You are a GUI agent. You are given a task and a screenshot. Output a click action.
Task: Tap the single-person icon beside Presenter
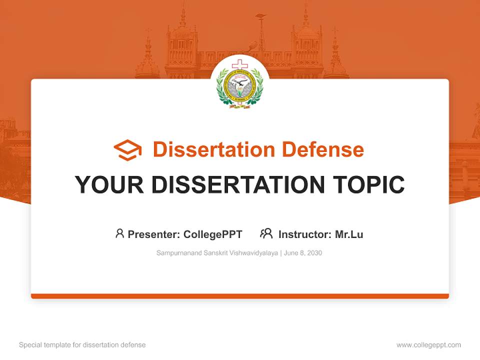pos(119,233)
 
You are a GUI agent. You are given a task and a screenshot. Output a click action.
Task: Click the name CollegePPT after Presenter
pos(213,234)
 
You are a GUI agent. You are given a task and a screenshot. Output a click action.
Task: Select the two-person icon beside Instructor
pos(266,233)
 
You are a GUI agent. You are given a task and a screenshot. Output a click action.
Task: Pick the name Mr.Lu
pos(349,234)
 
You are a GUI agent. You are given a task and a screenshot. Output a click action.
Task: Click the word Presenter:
pos(154,234)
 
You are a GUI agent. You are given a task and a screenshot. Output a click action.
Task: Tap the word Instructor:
pos(305,234)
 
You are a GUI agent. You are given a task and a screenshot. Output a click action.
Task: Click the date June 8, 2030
pos(303,253)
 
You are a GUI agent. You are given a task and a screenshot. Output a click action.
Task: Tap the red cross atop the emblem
pos(240,64)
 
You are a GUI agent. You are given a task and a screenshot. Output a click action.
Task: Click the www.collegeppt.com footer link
pos(428,345)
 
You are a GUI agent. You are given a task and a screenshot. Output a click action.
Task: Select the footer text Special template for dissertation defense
pos(82,345)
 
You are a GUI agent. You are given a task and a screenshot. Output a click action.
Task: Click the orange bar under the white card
pos(240,296)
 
